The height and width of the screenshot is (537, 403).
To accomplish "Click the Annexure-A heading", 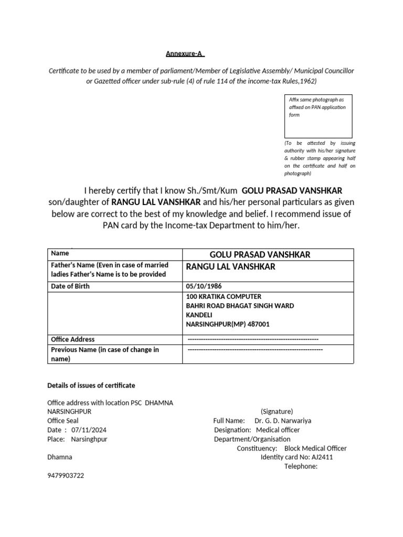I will [x=185, y=53].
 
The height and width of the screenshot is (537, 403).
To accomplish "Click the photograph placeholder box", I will [x=318, y=116].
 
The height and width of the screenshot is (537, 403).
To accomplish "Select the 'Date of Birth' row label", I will [x=70, y=286].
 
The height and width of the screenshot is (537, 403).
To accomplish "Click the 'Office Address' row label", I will [x=73, y=339].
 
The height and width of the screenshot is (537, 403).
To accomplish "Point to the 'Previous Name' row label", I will [x=104, y=350].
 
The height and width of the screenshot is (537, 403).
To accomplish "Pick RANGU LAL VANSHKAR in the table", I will [x=230, y=267].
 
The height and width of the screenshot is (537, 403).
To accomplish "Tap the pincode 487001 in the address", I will [x=257, y=325].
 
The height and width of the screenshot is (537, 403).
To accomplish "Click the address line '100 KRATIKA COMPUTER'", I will [x=223, y=296].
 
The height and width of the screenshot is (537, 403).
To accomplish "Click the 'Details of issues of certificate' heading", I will [x=91, y=385].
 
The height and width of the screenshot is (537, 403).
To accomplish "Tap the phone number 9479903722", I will [x=66, y=476].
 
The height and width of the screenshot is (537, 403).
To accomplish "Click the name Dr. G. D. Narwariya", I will [x=286, y=421].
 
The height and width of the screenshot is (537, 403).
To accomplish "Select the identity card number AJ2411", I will [x=322, y=457].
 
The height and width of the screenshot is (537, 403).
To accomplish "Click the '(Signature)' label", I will [x=277, y=412].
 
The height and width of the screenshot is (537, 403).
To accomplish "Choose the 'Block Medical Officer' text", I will [x=315, y=448].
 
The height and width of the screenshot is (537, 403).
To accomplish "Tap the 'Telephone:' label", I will [x=301, y=466].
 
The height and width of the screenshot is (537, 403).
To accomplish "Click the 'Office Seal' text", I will [x=63, y=421].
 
